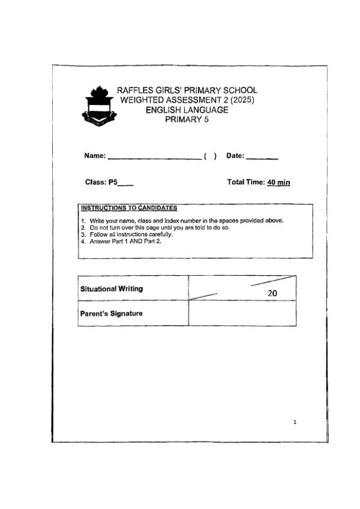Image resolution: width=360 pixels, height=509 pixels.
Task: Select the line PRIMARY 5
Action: (x=187, y=119)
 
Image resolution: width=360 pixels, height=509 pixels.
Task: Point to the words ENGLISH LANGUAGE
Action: (x=187, y=110)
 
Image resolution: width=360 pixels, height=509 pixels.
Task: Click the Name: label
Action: (x=95, y=156)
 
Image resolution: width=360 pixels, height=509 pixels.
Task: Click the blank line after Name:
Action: (x=154, y=157)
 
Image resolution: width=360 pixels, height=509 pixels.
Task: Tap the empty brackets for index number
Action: (x=210, y=156)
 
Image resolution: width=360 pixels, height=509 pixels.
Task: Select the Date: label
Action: (x=235, y=156)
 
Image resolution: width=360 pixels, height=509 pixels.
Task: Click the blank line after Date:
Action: (x=262, y=157)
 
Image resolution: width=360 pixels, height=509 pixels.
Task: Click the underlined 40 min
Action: (x=279, y=182)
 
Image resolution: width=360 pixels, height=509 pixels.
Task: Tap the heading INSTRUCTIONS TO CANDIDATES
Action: (x=128, y=208)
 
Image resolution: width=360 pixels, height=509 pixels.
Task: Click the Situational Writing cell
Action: (x=112, y=288)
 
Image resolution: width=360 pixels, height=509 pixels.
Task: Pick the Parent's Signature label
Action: (x=112, y=313)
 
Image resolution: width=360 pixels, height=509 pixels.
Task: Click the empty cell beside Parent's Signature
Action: (x=242, y=313)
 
